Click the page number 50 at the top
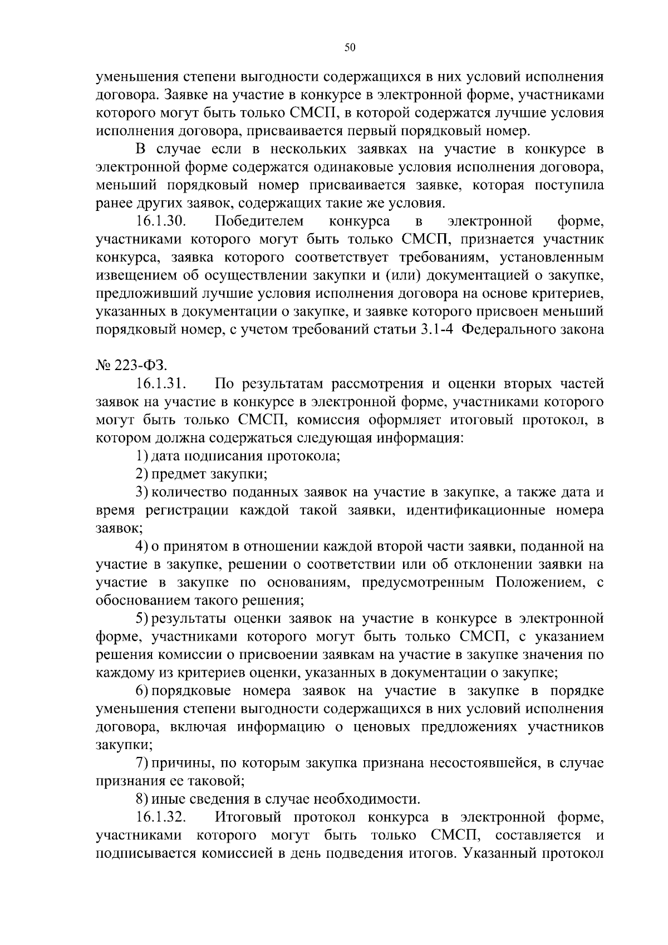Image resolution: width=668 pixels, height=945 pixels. pyautogui.click(x=350, y=48)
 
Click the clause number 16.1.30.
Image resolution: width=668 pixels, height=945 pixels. pyautogui.click(x=160, y=222)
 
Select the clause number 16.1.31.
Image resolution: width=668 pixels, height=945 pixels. pyautogui.click(x=160, y=383)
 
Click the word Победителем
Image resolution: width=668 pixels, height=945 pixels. pyautogui.click(x=259, y=222)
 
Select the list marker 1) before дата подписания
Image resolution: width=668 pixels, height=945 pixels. pyautogui.click(x=143, y=456)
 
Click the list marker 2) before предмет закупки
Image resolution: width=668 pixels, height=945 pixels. pyautogui.click(x=143, y=474)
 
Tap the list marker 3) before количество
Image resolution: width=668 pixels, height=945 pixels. pyautogui.click(x=143, y=492)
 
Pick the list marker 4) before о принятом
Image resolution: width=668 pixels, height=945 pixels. pyautogui.click(x=143, y=547)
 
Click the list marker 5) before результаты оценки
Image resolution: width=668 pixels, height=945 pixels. pyautogui.click(x=143, y=619)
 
